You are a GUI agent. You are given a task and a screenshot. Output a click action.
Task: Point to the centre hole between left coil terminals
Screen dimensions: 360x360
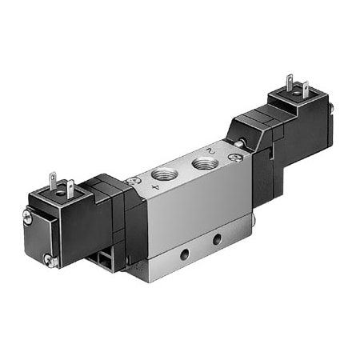tap(64, 190)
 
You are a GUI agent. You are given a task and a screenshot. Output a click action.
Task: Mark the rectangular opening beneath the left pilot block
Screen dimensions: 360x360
tap(104, 258)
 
